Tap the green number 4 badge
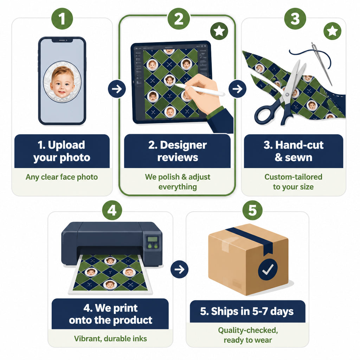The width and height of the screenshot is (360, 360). (x=112, y=210)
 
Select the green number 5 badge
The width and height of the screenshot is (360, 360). (x=252, y=210)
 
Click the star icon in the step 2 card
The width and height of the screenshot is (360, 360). (x=219, y=31)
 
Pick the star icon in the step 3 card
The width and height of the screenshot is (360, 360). (x=332, y=31)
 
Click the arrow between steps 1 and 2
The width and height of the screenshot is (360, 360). (x=117, y=89)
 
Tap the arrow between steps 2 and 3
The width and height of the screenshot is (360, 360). (x=237, y=89)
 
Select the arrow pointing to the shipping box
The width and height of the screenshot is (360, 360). (x=179, y=269)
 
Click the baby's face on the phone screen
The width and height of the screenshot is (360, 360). (x=62, y=82)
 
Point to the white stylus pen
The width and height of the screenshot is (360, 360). (x=199, y=90)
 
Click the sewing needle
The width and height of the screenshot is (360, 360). (x=322, y=64)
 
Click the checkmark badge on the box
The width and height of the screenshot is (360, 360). (x=268, y=269)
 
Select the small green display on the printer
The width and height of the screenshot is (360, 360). (x=153, y=239)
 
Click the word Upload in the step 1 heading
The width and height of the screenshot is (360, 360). (x=66, y=145)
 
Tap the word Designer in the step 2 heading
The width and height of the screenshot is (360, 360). (x=183, y=145)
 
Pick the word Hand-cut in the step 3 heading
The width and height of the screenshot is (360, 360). (x=299, y=145)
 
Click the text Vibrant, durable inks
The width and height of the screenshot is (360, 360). (x=110, y=339)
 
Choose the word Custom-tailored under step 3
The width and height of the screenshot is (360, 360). (x=293, y=177)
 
